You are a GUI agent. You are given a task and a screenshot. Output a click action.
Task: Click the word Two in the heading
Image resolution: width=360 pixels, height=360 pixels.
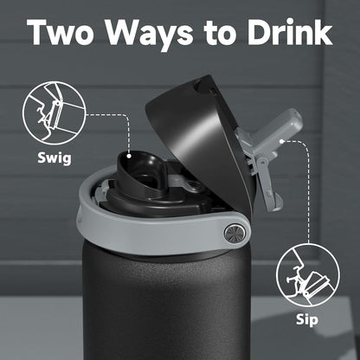61,32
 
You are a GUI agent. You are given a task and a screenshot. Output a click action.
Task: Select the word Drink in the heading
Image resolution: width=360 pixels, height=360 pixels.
290,31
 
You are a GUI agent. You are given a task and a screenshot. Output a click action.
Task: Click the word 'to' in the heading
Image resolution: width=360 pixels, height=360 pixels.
222,34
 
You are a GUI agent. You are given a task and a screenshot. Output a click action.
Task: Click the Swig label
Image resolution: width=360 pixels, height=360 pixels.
55,158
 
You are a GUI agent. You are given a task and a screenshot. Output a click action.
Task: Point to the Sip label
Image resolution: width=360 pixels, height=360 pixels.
307,320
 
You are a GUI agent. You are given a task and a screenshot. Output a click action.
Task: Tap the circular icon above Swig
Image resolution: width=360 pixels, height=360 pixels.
54,112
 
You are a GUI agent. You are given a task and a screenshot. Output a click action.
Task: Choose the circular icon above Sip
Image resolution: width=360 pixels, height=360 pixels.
308,275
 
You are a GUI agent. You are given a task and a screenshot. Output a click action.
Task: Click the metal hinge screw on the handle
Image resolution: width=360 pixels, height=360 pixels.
235,233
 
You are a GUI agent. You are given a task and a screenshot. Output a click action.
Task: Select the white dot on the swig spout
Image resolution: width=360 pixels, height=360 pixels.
129,156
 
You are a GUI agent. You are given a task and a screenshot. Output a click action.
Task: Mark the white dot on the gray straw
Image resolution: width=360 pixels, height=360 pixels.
282,141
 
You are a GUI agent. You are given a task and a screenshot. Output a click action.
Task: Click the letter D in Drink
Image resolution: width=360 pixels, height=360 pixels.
260,32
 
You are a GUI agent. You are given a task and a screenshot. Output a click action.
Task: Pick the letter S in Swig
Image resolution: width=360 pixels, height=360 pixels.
42,157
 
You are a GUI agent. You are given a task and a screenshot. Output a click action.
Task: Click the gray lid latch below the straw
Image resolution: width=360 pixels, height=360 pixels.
267,184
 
